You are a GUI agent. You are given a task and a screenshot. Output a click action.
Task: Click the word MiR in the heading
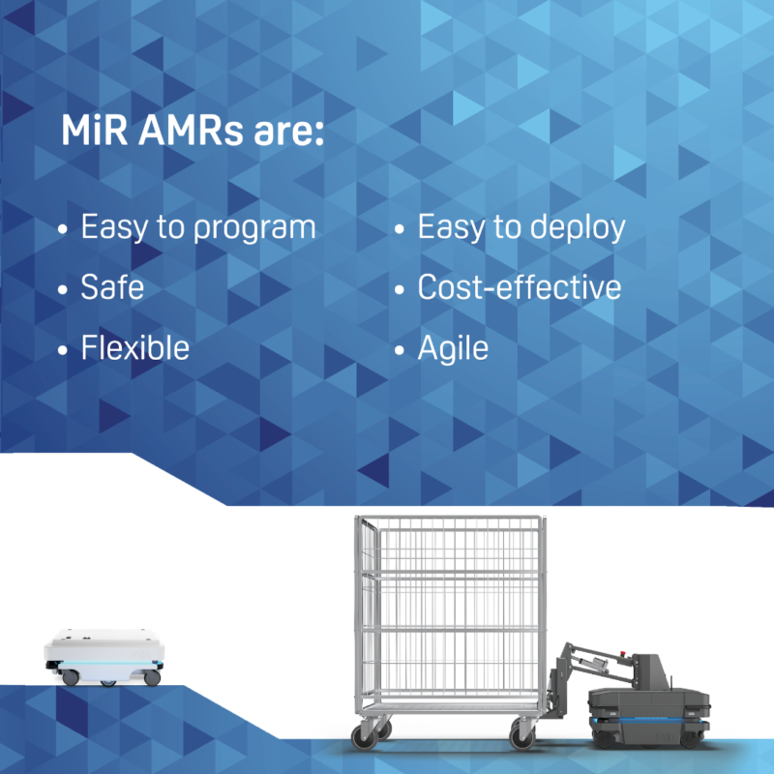[92, 132]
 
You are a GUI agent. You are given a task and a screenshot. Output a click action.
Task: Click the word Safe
[112, 287]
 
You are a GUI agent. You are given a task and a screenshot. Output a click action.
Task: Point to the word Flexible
[134, 346]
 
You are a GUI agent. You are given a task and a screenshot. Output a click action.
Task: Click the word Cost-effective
[519, 287]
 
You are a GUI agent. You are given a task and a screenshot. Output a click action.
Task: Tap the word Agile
[453, 347]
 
